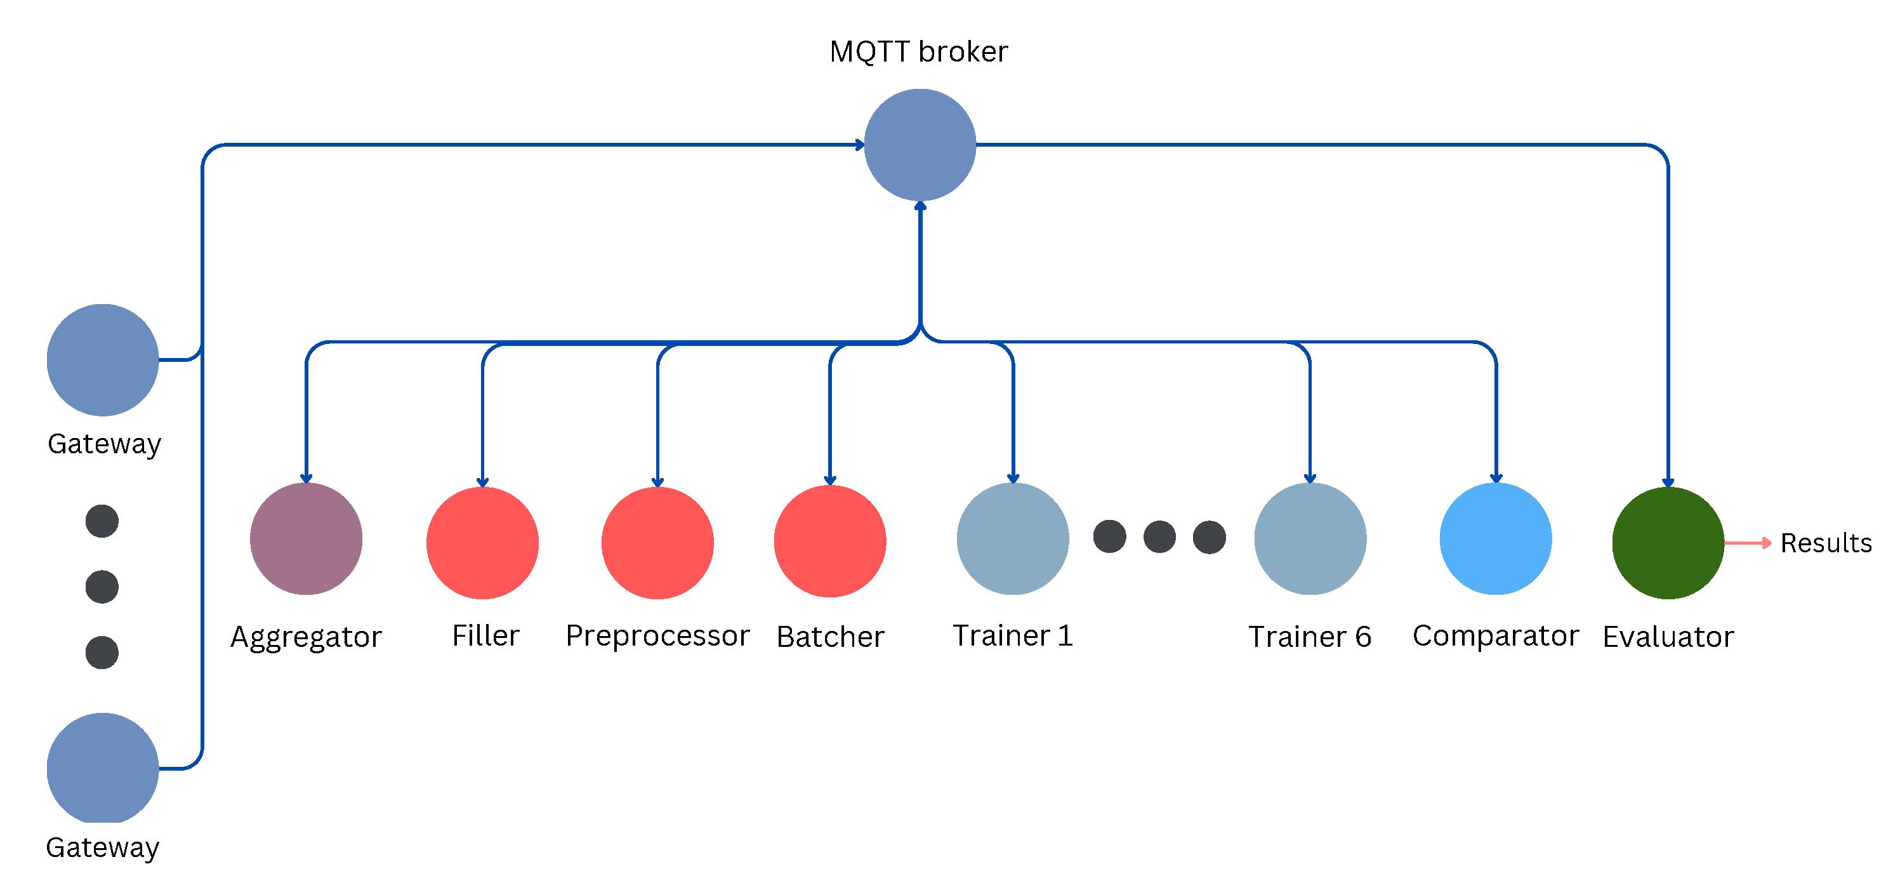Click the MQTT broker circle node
click(920, 145)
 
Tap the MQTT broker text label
click(918, 51)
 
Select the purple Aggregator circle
click(306, 539)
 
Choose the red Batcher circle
click(829, 541)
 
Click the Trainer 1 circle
click(1013, 539)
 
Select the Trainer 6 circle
click(1310, 539)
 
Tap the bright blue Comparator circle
click(1496, 539)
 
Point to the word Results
click(1825, 543)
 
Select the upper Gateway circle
click(103, 359)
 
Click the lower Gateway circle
click(103, 768)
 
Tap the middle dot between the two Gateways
click(102, 587)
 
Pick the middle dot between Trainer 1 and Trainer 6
click(1159, 536)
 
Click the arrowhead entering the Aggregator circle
click(307, 479)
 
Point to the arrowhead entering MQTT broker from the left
click(859, 145)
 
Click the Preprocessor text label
click(657, 635)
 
